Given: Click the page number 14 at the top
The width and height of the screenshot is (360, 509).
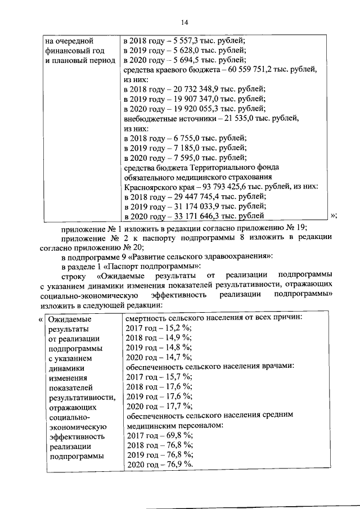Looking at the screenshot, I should [184, 22].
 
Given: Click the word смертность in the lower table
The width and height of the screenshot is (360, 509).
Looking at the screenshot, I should [148, 318].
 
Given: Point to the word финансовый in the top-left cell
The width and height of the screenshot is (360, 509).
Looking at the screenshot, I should [70, 51].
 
